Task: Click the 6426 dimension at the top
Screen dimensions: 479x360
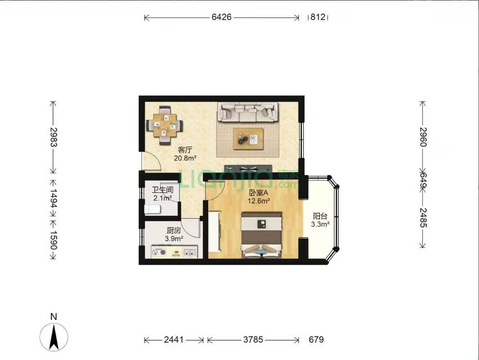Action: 221,17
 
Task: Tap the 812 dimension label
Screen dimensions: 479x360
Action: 318,17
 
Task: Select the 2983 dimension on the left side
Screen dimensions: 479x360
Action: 54,137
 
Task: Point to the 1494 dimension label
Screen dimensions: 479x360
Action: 54,199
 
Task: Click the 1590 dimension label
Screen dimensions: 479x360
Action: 54,240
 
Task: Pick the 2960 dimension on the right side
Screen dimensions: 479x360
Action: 423,137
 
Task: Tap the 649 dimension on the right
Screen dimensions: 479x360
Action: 423,180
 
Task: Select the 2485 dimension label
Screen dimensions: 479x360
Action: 423,218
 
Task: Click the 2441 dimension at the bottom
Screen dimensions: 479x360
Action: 174,340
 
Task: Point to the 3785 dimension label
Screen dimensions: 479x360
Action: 253,340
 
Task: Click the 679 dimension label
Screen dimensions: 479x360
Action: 316,340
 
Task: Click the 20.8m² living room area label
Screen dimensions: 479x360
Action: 185,158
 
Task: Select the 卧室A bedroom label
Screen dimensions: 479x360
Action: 259,193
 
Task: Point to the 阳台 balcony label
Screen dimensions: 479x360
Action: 320,216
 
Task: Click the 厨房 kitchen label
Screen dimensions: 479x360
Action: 174,230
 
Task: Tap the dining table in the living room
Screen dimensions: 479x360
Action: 165,125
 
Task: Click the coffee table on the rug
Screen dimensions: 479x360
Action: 248,139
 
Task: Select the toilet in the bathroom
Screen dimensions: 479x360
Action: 152,209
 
